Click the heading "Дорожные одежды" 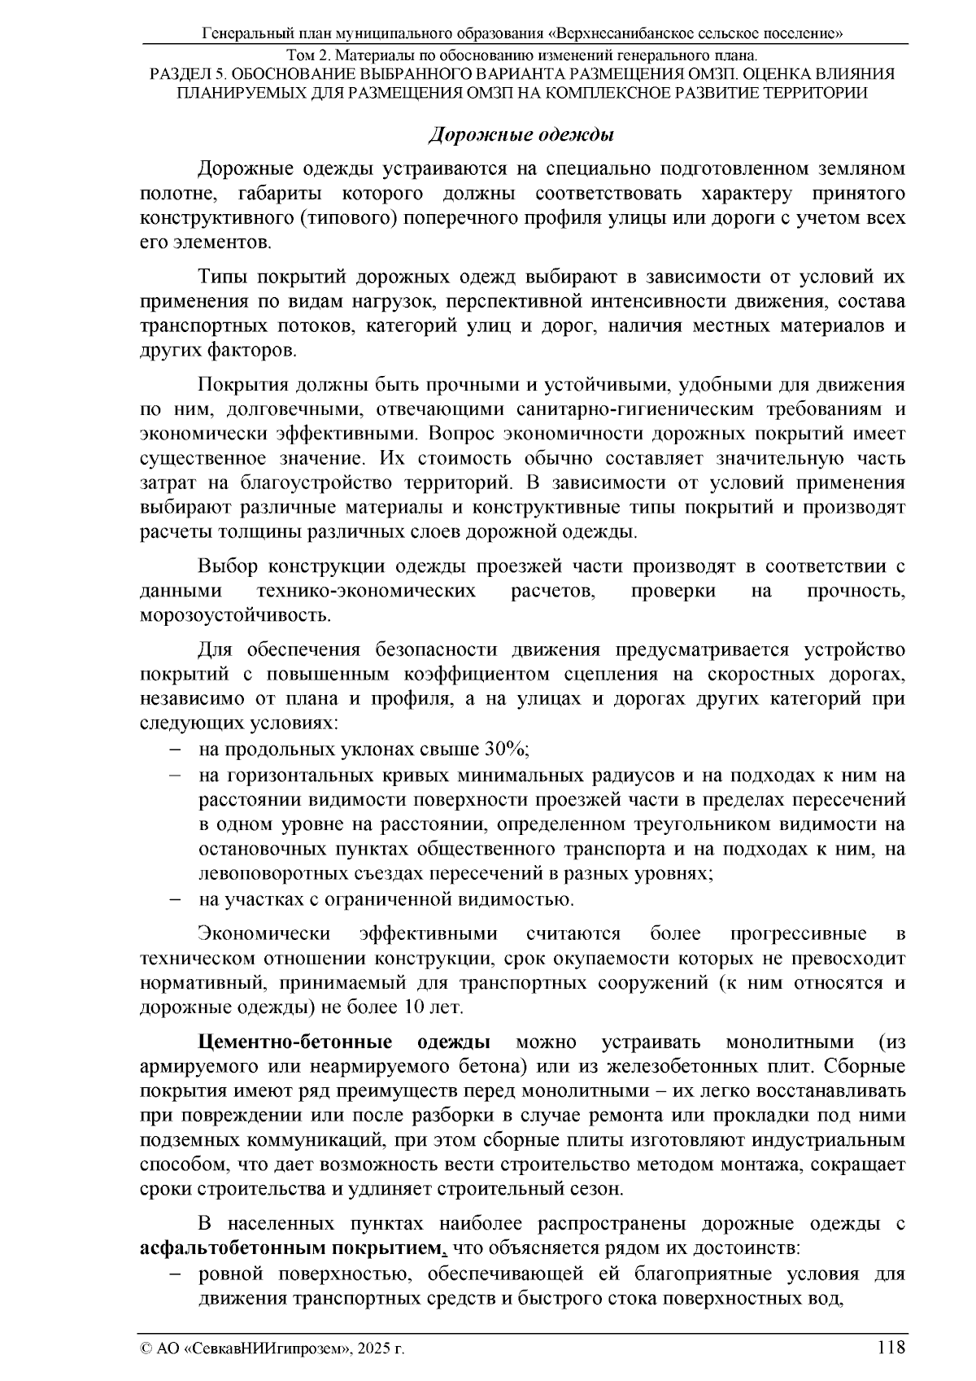(521, 133)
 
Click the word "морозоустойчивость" (234, 614)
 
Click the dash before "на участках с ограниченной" (175, 900)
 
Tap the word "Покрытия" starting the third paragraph (242, 383)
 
